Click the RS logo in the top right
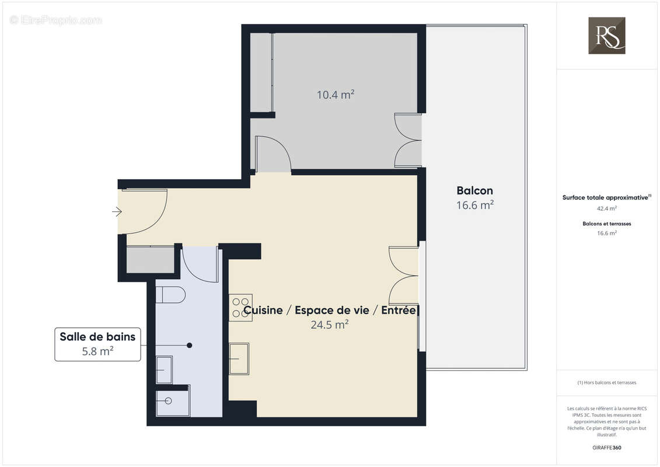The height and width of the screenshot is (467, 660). coord(606,36)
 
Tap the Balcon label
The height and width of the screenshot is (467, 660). coord(474,190)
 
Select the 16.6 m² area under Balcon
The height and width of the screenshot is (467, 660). coord(474,205)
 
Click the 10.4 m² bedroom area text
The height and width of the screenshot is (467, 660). coord(335,95)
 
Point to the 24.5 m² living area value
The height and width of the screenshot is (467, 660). coord(330,325)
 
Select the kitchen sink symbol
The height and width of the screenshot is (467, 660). coord(239,358)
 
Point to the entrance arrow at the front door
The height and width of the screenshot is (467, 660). coord(117,212)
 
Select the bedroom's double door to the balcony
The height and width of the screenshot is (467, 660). coord(408,140)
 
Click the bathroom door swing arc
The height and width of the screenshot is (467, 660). coord(200,264)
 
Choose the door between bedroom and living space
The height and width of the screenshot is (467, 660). coord(273,155)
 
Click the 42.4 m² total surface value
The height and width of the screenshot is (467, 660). coord(607,208)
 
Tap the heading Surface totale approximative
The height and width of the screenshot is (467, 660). coord(606,198)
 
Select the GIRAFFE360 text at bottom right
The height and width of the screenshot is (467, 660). coord(607,448)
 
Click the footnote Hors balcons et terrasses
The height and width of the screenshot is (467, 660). coord(607,382)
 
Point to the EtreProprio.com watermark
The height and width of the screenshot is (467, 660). coord(56,20)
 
